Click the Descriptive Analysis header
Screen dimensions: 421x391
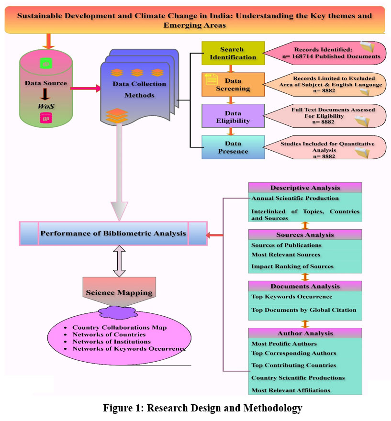[x=305, y=188]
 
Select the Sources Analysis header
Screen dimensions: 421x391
[x=305, y=234]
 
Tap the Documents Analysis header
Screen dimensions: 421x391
[x=305, y=286]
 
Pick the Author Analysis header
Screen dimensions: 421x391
[x=305, y=333]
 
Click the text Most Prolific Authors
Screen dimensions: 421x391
[x=284, y=343]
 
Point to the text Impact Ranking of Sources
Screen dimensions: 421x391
[x=292, y=266]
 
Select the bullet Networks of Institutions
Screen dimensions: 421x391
[x=112, y=342]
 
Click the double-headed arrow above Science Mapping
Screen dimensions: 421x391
[x=119, y=262]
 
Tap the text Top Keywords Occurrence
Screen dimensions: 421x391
[x=291, y=297]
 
